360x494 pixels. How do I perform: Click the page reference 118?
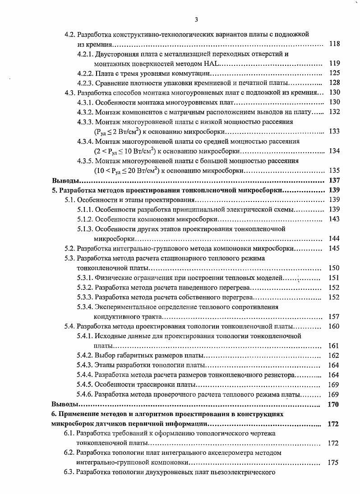(334, 44)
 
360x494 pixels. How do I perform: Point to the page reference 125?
(334, 73)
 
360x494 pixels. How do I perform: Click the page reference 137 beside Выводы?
(334, 180)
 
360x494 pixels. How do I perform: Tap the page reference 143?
(334, 219)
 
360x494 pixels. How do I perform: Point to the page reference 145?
(334, 248)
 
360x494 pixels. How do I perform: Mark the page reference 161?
(334, 346)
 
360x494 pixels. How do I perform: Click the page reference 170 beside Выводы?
(334, 404)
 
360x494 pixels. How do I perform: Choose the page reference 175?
(334, 462)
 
